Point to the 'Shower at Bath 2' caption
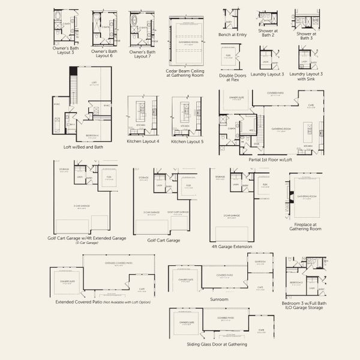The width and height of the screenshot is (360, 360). tap(268, 35)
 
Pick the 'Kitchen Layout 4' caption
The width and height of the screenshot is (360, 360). tap(143, 142)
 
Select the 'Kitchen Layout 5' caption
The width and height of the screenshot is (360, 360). tap(187, 142)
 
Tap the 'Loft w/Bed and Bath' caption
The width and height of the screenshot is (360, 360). tap(83, 146)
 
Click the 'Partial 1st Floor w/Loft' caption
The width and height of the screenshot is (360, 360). tap(270, 160)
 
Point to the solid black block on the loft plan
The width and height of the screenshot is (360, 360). tap(74, 71)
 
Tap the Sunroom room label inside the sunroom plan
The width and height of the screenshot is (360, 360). tap(260, 262)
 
